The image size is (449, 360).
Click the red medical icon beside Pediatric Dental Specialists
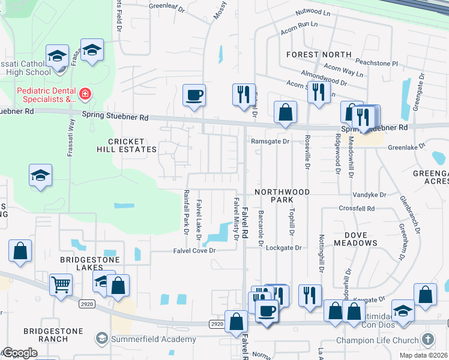(x=85, y=94)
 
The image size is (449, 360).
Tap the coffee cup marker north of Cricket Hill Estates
(x=194, y=95)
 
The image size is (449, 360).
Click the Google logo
(x=19, y=353)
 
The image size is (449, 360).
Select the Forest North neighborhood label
(x=319, y=54)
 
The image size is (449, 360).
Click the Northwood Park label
(x=282, y=196)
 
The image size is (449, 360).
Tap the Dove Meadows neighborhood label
(x=352, y=239)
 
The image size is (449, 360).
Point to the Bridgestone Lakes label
(x=90, y=260)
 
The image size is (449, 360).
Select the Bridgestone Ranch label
(x=46, y=335)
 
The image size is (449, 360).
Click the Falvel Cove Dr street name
(x=194, y=250)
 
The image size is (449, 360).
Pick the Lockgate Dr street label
(x=283, y=247)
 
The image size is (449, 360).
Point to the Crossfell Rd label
(x=356, y=209)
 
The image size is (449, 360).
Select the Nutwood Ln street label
(x=313, y=12)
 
